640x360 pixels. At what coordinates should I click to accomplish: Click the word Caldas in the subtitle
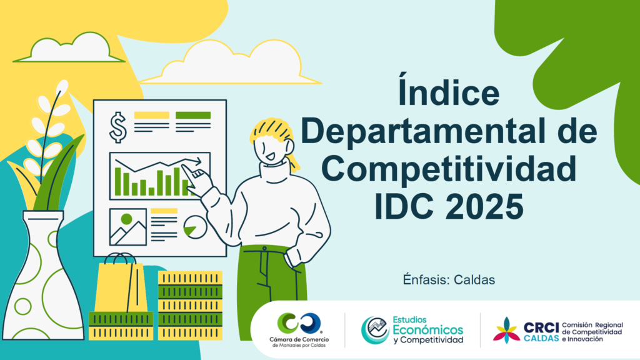click(x=474, y=280)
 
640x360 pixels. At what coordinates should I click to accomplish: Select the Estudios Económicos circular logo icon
click(x=375, y=330)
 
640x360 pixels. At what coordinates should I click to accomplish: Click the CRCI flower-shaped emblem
click(x=506, y=330)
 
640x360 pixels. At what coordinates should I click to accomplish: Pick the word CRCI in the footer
click(x=541, y=327)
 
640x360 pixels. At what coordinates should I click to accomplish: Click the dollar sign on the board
click(x=118, y=127)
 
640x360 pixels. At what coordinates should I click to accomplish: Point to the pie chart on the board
click(x=195, y=227)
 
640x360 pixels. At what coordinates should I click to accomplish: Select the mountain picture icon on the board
click(x=127, y=227)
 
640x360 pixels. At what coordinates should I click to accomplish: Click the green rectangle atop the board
click(x=193, y=115)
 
